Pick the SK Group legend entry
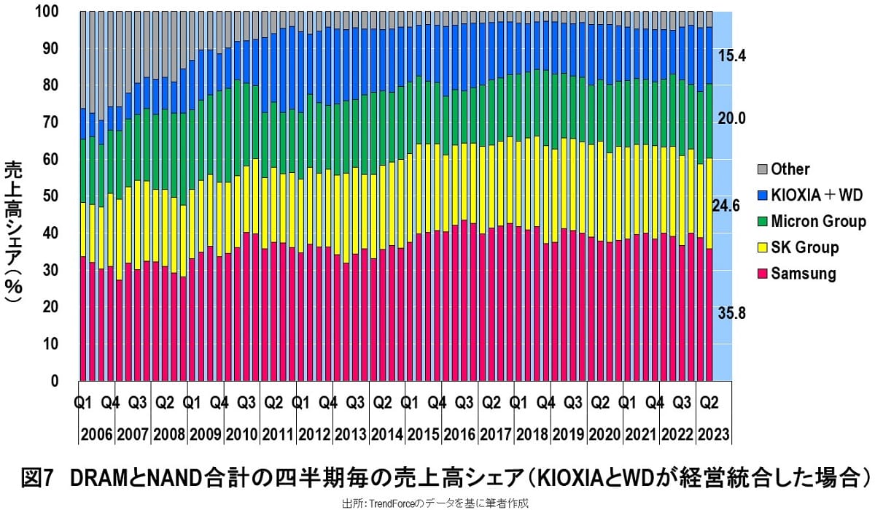(804, 247)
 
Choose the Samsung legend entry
(803, 274)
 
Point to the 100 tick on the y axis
(46, 12)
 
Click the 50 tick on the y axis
(50, 196)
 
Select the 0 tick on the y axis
(55, 381)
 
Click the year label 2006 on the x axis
(96, 435)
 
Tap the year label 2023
(715, 435)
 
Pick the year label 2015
(423, 435)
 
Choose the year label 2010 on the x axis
(241, 435)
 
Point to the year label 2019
(569, 435)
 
